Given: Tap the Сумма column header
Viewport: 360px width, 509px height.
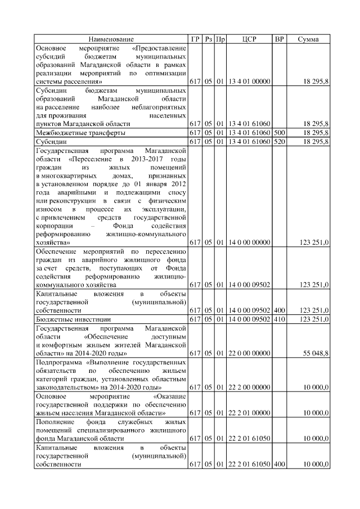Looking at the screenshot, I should point(308,39).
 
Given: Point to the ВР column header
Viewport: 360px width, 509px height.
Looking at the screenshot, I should point(278,39).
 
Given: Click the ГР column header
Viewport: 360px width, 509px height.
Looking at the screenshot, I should point(195,39).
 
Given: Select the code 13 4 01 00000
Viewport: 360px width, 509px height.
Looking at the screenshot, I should point(249,82).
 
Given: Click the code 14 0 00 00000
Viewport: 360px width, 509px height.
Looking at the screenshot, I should point(249,242).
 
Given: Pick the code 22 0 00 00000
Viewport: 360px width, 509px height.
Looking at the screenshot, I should point(249,353).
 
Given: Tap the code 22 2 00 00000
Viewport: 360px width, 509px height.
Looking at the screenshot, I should point(249,388).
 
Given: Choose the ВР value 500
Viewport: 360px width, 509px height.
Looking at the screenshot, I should point(278,133).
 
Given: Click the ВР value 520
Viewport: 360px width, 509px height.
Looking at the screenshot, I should point(278,142).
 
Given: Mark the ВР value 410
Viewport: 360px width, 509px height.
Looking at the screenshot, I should point(278,319).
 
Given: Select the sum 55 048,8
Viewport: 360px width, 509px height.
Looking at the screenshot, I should point(316,353).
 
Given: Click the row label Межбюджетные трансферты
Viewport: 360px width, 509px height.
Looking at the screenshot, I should point(80,133).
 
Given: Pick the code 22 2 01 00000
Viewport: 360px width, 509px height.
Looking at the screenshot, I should point(249,413).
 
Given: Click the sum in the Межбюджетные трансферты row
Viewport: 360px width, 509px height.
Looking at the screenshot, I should point(316,133).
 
